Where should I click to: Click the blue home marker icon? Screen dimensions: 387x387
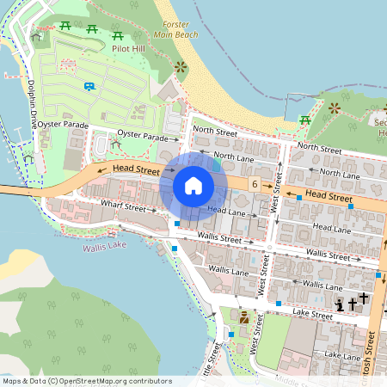[193, 185]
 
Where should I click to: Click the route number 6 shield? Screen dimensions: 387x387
[255, 185]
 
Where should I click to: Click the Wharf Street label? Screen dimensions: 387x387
[124, 206]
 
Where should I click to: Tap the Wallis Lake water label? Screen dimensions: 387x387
[104, 248]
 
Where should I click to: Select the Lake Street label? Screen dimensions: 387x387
[311, 316]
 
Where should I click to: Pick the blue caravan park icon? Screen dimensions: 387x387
[89, 86]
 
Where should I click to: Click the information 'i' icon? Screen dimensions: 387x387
[340, 304]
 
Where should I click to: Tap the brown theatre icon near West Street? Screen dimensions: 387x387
[244, 316]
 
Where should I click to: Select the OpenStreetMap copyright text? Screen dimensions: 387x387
[86, 381]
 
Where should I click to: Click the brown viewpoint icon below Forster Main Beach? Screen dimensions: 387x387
[180, 66]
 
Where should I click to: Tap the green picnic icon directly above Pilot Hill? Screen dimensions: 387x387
[118, 36]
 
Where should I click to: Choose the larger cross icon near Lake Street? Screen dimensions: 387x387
[363, 298]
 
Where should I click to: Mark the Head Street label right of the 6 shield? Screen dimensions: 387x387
[329, 197]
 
